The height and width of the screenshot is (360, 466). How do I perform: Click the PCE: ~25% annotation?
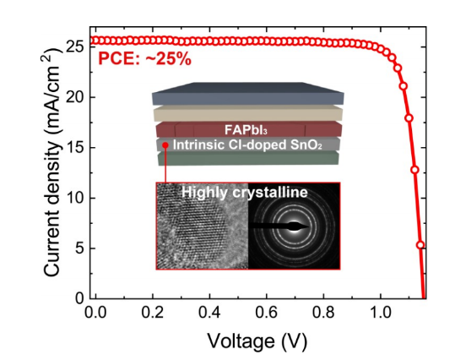pyautogui.click(x=144, y=59)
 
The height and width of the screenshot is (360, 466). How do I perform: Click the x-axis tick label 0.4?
pyautogui.click(x=210, y=313)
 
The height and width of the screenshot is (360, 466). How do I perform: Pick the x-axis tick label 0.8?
pyautogui.click(x=324, y=313)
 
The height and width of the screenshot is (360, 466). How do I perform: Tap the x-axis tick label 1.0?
pyautogui.click(x=381, y=313)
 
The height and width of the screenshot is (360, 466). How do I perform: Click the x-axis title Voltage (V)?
pyautogui.click(x=257, y=341)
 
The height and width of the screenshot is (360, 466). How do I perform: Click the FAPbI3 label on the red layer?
pyautogui.click(x=246, y=130)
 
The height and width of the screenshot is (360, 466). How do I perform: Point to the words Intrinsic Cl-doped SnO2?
pyautogui.click(x=247, y=145)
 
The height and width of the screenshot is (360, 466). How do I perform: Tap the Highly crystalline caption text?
pyautogui.click(x=245, y=192)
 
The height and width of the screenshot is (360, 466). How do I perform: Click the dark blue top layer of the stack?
pyautogui.click(x=248, y=94)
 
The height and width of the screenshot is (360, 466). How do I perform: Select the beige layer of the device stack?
pyautogui.click(x=248, y=113)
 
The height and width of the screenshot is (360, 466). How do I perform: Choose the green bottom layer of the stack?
pyautogui.click(x=248, y=158)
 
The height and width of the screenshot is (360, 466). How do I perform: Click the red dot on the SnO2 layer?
pyautogui.click(x=165, y=145)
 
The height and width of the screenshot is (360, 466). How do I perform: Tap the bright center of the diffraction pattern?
pyautogui.click(x=295, y=226)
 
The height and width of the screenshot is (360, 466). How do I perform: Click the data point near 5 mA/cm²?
pyautogui.click(x=420, y=245)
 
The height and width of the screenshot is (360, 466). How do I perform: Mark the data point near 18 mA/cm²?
pyautogui.click(x=409, y=118)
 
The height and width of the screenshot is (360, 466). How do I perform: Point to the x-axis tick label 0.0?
pyautogui.click(x=95, y=313)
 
